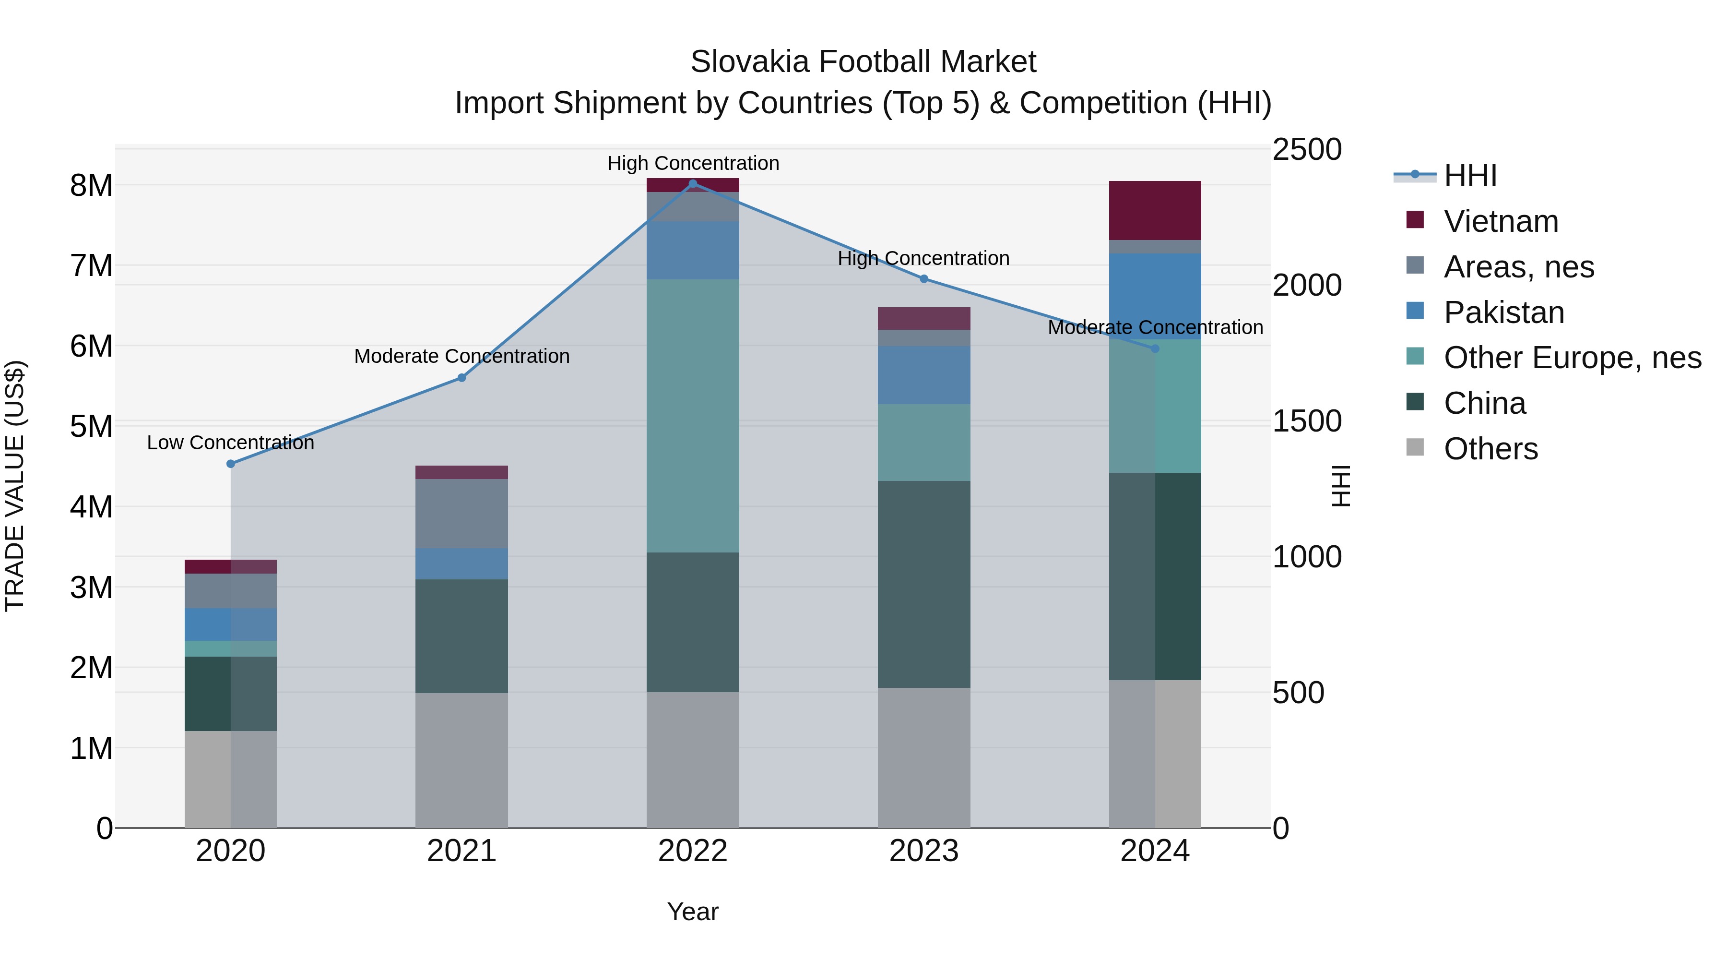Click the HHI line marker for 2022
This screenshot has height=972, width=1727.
tap(693, 183)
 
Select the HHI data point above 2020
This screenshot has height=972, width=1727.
tap(231, 464)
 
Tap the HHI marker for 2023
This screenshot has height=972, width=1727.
tap(924, 278)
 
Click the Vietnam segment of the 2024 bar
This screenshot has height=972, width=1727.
tap(1155, 210)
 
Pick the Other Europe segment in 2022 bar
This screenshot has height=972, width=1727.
tap(693, 415)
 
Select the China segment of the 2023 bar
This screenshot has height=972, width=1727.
tap(924, 584)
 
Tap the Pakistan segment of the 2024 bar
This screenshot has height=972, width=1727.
tap(1155, 296)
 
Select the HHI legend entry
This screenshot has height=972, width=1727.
tap(1469, 176)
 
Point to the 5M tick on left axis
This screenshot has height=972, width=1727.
tap(91, 427)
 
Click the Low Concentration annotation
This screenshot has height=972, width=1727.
tap(231, 443)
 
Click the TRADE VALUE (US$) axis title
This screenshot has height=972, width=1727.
tap(15, 486)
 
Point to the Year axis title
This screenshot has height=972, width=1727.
tap(693, 912)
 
